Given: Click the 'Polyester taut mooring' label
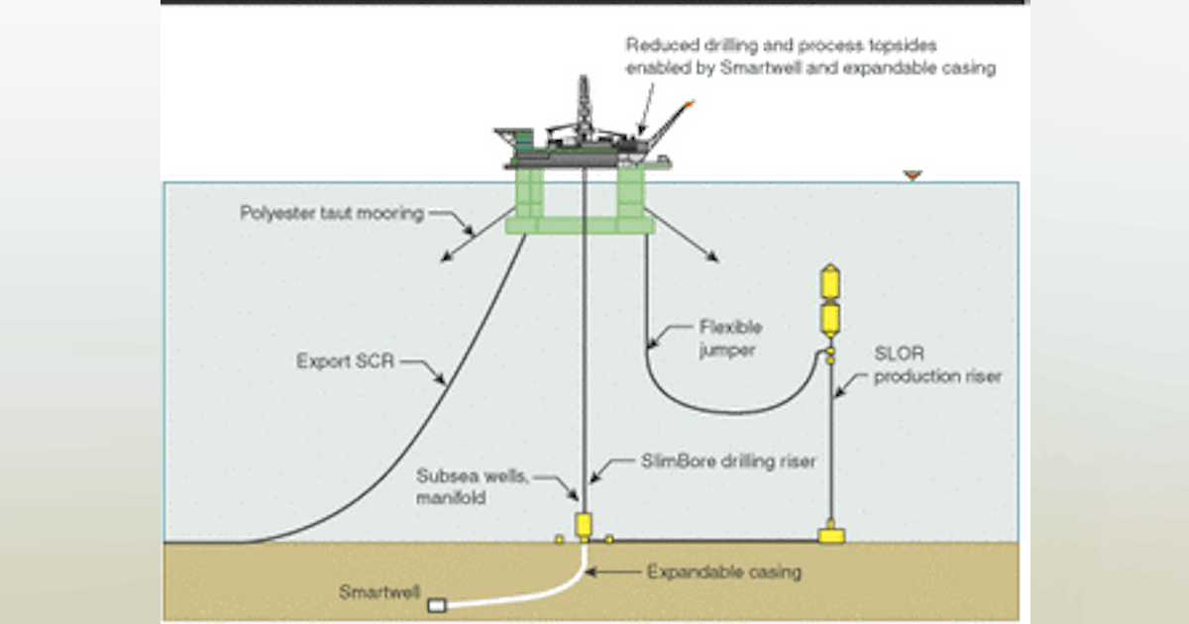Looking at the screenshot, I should point(331,213).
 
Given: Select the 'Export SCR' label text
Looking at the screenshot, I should point(346,362).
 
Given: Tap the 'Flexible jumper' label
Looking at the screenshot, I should point(731,336).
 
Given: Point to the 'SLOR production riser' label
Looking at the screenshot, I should point(937,364).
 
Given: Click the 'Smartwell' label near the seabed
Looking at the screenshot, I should point(378,594).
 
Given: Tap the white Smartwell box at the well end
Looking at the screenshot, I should point(436,603).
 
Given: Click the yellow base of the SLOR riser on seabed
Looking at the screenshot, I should point(830,535).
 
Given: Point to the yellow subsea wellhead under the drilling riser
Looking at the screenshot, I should point(584,523).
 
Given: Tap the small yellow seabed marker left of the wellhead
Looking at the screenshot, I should point(559,539).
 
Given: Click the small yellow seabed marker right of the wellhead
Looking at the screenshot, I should point(608,539).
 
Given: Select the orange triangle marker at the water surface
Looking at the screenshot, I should point(913,175).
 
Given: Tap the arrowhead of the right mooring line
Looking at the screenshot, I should point(712,260).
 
